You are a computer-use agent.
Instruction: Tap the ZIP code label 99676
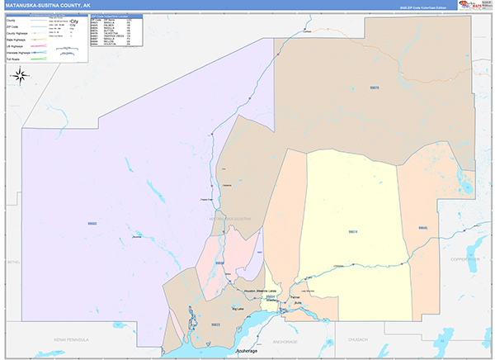point(375,87)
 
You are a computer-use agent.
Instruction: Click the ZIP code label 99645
point(422,228)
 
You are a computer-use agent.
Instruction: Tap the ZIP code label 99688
point(219,263)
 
